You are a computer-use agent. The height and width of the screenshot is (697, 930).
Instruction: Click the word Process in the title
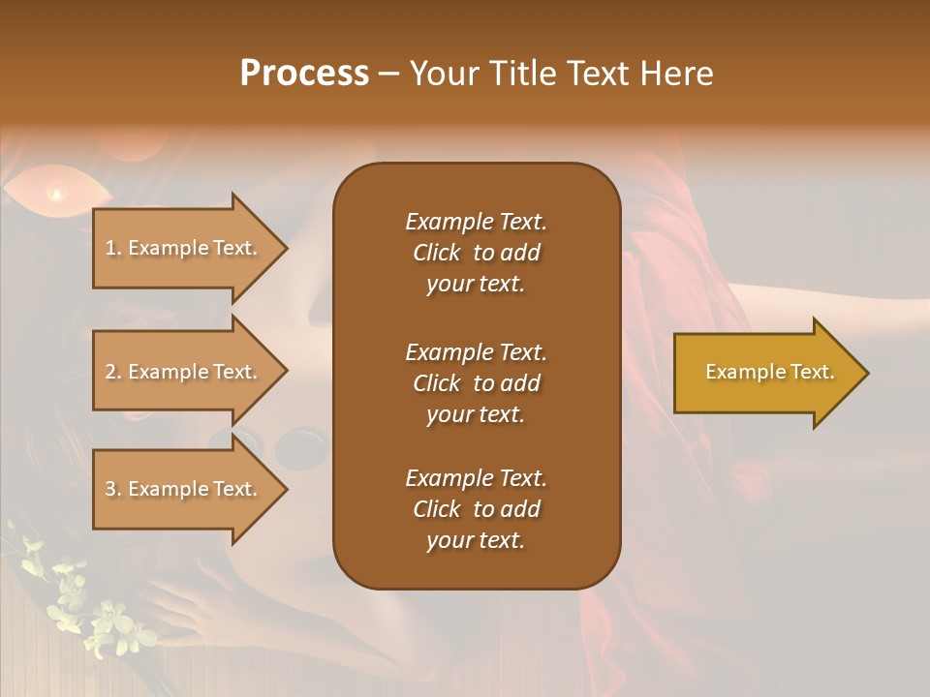(304, 73)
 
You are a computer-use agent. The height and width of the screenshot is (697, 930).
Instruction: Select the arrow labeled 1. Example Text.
(184, 248)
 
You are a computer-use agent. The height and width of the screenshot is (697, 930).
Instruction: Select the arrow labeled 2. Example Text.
(184, 372)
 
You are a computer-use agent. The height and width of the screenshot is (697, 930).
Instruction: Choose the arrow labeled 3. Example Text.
(184, 489)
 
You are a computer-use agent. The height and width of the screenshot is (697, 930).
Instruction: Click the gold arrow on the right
(765, 373)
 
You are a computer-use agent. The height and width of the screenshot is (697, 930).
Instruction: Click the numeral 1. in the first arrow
(112, 248)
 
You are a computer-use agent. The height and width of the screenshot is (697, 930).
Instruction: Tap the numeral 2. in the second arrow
(112, 372)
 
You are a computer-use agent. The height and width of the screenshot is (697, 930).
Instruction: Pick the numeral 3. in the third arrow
(112, 489)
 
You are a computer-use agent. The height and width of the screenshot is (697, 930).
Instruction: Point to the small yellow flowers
(87, 610)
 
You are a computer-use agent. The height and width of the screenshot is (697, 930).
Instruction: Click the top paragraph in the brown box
(476, 253)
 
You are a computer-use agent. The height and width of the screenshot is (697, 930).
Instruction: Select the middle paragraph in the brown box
(476, 382)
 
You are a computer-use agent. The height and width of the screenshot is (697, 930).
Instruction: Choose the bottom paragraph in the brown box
(476, 509)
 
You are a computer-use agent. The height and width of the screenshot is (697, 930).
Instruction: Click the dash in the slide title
(389, 74)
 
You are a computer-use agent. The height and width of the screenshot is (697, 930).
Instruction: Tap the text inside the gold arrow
(769, 372)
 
